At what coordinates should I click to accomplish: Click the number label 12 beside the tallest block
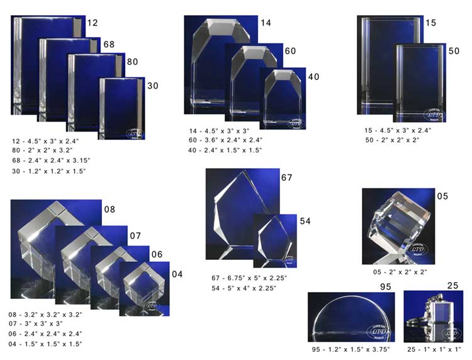(x=92, y=23)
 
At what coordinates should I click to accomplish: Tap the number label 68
(x=108, y=45)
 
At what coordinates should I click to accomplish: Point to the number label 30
(x=152, y=86)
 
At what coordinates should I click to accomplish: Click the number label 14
(x=265, y=23)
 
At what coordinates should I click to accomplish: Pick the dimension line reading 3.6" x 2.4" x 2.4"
(x=225, y=140)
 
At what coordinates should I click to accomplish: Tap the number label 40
(x=313, y=77)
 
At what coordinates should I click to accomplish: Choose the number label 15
(x=430, y=23)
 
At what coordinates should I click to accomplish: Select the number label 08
(x=110, y=208)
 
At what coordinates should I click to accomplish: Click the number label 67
(x=287, y=178)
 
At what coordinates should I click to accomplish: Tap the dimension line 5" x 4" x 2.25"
(x=244, y=288)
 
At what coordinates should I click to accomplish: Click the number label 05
(x=442, y=196)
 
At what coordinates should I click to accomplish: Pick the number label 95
(x=385, y=286)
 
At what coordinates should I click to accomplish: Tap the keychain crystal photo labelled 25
(x=433, y=317)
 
